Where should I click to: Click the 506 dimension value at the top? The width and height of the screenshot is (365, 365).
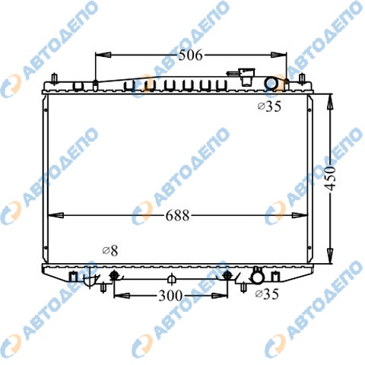(191, 55)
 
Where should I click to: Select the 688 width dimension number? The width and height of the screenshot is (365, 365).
(177, 216)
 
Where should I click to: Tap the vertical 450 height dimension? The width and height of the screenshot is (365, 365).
(331, 178)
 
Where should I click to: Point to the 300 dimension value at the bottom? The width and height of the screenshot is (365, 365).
(170, 295)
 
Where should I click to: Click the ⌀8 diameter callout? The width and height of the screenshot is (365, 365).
(110, 251)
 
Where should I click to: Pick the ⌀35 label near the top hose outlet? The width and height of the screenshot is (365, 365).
(269, 106)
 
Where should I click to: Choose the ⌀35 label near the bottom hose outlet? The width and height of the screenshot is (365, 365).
(267, 294)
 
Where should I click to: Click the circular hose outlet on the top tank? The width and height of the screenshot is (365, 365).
(271, 84)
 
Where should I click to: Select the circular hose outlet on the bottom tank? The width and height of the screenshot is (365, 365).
(257, 278)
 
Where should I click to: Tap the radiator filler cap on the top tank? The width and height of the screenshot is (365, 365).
(245, 76)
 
